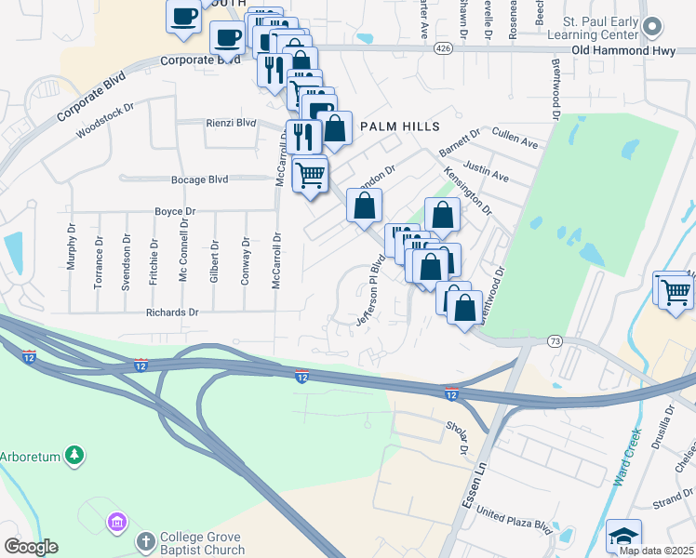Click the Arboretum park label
(x=30, y=456)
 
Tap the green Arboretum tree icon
(x=75, y=456)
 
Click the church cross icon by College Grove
(x=145, y=541)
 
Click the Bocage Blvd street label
(x=199, y=179)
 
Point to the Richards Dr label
(x=172, y=312)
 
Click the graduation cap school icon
(x=623, y=537)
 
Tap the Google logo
(x=31, y=547)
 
